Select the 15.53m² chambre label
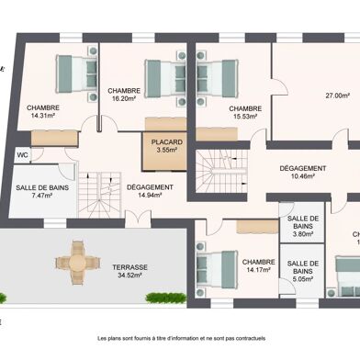point(245,111)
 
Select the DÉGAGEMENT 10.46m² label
point(301,172)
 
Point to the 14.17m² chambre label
point(259,265)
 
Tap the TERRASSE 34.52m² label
point(130,272)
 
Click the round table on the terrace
point(79,263)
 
